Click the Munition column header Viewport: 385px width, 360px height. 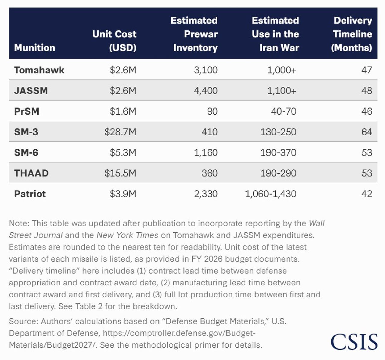[35, 48]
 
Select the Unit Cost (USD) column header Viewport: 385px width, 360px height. [114, 41]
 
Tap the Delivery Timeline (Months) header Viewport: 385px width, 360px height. [352, 34]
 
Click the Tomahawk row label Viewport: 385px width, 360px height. [39, 70]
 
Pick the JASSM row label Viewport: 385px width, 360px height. [31, 91]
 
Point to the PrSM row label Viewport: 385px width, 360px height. [27, 111]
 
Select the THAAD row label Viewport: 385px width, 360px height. [31, 173]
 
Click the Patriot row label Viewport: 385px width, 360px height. [30, 194]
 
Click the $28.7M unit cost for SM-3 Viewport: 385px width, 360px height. [120, 132]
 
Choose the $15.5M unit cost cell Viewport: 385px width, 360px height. [120, 173]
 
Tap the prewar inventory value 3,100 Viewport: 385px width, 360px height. [206, 70]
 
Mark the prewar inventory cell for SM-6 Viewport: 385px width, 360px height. [206, 153]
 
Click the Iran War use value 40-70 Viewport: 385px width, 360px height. [284, 111]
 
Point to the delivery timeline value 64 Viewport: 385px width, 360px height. [367, 132]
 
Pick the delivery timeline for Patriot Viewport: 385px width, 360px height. [367, 194]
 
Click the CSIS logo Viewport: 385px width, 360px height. [354, 342]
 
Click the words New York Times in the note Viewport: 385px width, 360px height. [127, 235]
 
